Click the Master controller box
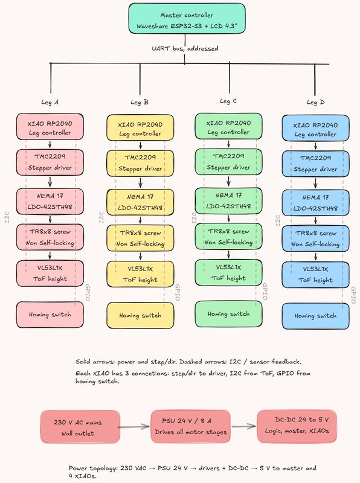pos(187,19)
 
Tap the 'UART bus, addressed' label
pos(185,48)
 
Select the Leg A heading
pos(50,102)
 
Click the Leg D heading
pos(315,102)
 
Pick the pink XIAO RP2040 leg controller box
pos(50,127)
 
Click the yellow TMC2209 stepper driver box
pos(140,163)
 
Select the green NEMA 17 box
pos(228,200)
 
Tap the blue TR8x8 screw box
pos(316,238)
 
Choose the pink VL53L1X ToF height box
pos(50,273)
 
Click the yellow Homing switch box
pos(140,315)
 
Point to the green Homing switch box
pos(228,314)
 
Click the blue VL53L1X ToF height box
pos(316,275)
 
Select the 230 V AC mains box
pos(80,427)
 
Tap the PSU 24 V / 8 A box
pos(190,426)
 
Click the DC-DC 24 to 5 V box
pos(297,426)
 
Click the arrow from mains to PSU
pos(134,427)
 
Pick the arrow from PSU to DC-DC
pos(244,426)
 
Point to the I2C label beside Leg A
pos(7,217)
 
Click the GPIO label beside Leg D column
pos(353,295)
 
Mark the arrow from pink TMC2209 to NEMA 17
pos(50,182)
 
